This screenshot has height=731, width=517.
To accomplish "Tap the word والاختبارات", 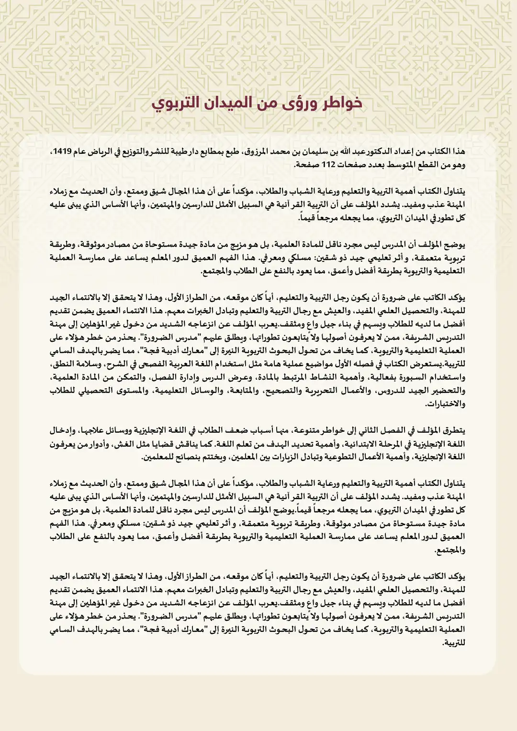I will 445,404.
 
